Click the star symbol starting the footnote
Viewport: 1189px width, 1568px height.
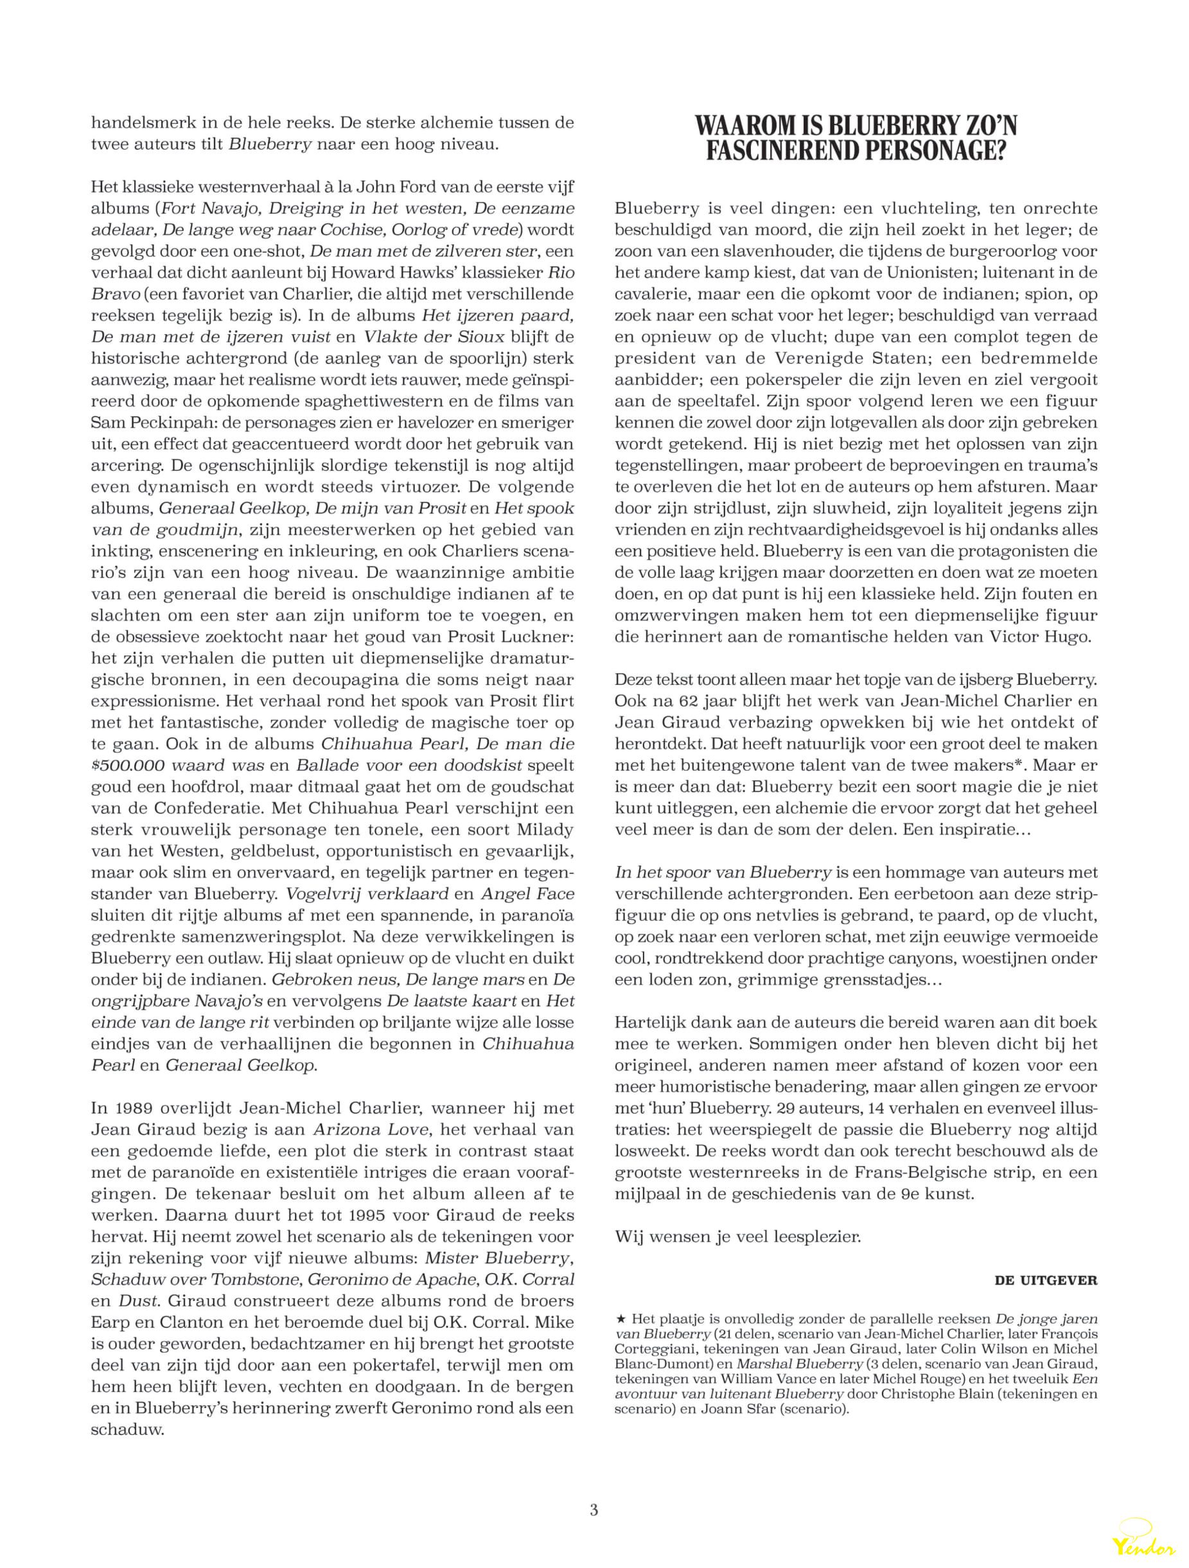point(621,1319)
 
